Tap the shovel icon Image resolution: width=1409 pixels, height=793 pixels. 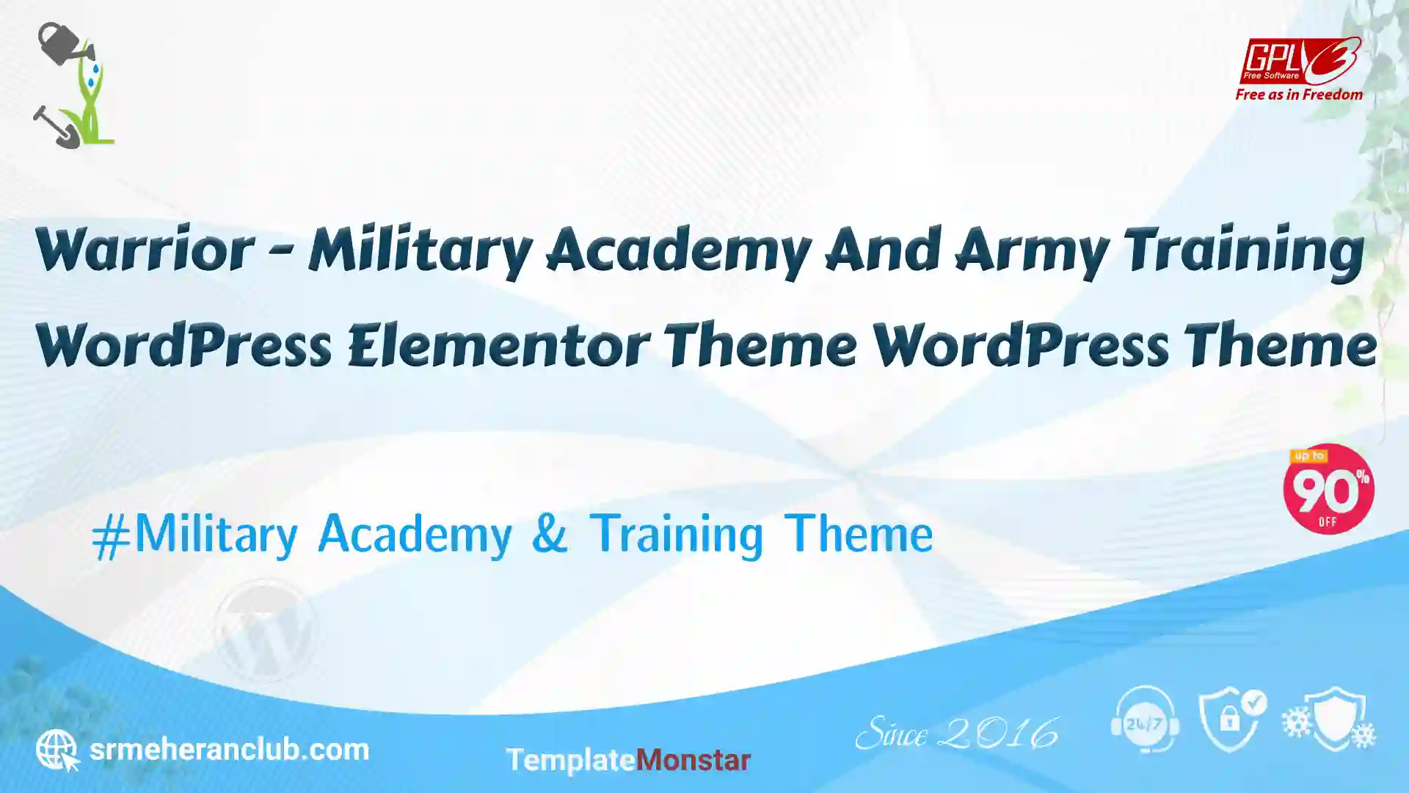click(56, 127)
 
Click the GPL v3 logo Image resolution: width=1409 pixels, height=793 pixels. click(1300, 61)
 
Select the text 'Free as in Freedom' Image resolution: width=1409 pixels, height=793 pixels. click(1299, 95)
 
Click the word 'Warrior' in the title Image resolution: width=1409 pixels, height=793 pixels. click(145, 250)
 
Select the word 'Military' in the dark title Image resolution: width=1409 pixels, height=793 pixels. click(420, 252)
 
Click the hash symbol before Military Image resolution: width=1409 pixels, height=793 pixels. click(112, 537)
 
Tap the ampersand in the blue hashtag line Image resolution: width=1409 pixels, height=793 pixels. click(550, 532)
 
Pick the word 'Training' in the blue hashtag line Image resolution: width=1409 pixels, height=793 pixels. click(677, 535)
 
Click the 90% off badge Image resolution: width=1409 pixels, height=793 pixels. click(1328, 489)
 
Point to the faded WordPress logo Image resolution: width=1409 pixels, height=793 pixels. click(265, 630)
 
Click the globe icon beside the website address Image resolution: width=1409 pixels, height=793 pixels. click(57, 750)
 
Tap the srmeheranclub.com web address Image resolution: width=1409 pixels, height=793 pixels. click(229, 750)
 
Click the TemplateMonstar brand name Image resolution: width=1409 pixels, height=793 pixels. click(628, 760)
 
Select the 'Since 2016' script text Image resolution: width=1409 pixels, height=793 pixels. click(957, 733)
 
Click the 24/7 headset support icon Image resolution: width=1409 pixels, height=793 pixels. click(1145, 720)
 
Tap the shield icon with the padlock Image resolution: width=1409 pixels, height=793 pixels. click(1231, 720)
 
